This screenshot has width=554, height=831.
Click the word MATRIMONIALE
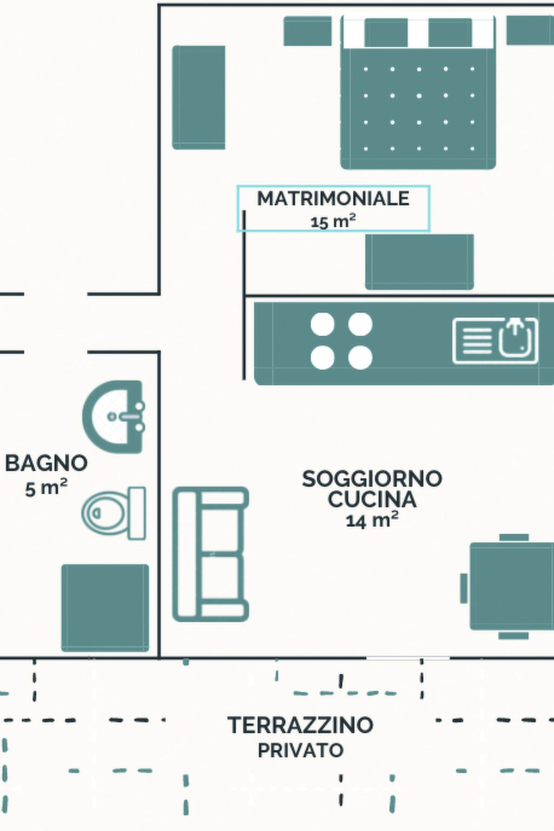(333, 199)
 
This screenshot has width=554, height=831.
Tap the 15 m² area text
(333, 221)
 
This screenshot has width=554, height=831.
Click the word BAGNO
(47, 463)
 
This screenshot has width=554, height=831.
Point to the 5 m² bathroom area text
(47, 488)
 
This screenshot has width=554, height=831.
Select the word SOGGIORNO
(372, 479)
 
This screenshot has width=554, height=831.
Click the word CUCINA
(372, 499)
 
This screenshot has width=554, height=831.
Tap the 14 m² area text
(372, 520)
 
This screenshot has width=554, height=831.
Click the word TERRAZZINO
(300, 725)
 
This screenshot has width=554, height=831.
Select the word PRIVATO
(300, 750)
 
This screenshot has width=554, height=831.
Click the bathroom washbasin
(113, 417)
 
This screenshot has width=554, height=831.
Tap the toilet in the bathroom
(114, 513)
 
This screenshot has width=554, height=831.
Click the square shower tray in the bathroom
(105, 608)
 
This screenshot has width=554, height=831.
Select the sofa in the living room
(210, 554)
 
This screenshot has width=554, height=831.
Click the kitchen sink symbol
(496, 340)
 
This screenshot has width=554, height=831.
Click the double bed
(418, 93)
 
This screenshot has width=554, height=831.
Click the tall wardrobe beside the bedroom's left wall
(199, 97)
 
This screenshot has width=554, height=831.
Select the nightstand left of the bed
(308, 31)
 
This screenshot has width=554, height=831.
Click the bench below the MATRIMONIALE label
(420, 262)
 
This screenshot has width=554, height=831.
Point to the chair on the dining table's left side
(464, 588)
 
